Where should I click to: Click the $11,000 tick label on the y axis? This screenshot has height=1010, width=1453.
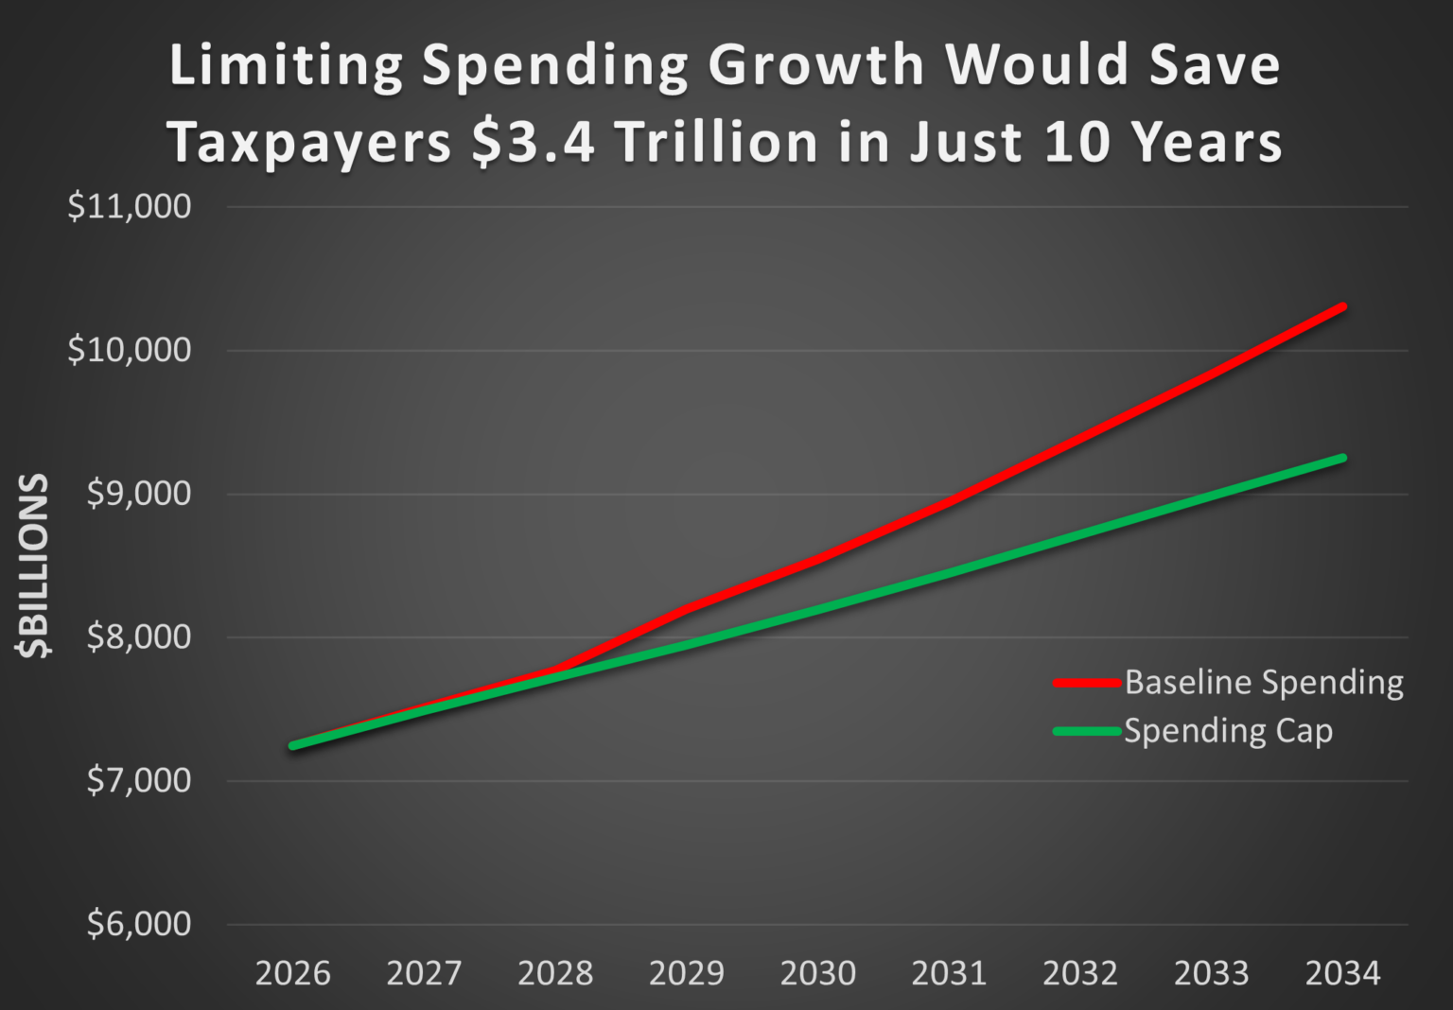tap(129, 206)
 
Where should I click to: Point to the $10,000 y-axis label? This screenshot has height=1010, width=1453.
tap(129, 350)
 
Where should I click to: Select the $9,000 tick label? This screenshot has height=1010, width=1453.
tap(138, 494)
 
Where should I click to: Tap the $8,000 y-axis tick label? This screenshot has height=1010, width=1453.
tap(138, 637)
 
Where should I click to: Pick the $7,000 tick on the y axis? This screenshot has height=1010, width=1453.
tap(138, 781)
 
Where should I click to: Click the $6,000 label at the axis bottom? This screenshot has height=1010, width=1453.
tap(138, 924)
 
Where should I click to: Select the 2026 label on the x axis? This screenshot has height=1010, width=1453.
tap(293, 973)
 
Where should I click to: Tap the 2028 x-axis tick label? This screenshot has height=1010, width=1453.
tap(555, 973)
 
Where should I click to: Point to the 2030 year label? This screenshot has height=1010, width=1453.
tap(818, 973)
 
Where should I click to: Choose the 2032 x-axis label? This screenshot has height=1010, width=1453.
tap(1080, 973)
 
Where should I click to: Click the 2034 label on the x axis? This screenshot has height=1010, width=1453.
tap(1343, 973)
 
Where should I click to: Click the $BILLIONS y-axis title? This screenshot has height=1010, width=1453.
tap(34, 566)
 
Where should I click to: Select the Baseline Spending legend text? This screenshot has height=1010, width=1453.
tap(1264, 683)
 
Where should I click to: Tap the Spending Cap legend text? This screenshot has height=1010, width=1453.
tap(1228, 731)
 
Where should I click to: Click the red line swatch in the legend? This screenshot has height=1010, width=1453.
tap(1088, 683)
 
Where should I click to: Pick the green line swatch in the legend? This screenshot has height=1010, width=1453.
tap(1088, 731)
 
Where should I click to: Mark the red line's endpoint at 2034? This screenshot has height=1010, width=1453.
tap(1342, 306)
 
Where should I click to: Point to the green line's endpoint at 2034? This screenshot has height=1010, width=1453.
tap(1342, 458)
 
